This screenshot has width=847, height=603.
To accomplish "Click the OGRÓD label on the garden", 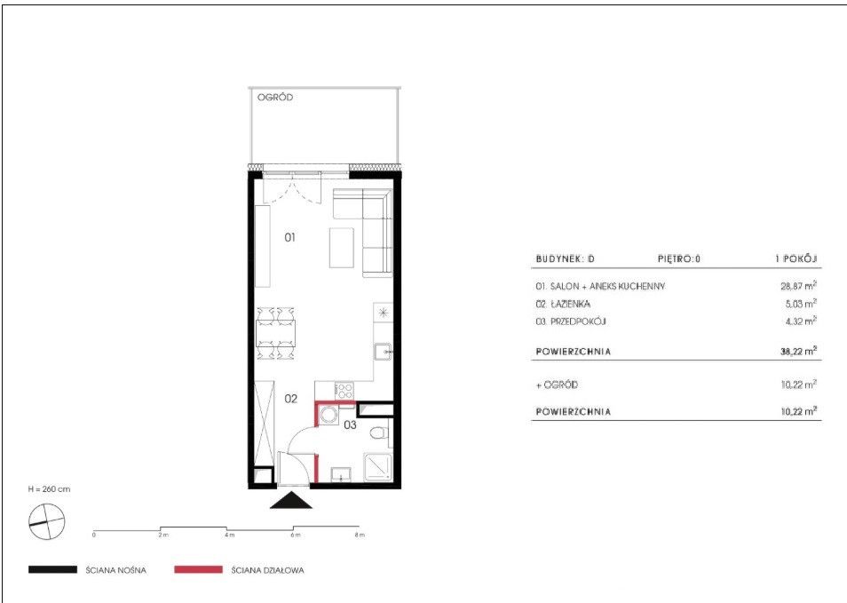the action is (275, 98).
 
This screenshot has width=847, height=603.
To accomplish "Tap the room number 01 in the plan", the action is (290, 236).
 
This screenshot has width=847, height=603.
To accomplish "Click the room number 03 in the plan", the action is (350, 424).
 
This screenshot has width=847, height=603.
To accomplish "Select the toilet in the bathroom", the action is (380, 432).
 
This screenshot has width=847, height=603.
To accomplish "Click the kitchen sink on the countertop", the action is (383, 351).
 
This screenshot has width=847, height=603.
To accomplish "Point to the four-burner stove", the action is (344, 390).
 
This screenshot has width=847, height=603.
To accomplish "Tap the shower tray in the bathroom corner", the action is (377, 466).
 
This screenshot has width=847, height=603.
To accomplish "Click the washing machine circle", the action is (328, 415).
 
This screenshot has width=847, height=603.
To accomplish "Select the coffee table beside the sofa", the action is (342, 248).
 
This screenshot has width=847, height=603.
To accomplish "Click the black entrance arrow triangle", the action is (291, 501).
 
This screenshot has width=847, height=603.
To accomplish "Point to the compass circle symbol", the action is (46, 521).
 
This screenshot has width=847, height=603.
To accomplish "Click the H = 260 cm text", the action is (49, 489).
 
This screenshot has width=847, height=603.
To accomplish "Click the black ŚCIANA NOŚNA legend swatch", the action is (53, 569).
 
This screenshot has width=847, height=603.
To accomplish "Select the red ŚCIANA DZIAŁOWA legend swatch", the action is (198, 569).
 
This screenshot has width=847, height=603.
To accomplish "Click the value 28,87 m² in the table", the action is (798, 286).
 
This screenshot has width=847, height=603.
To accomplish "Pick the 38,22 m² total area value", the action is (798, 351).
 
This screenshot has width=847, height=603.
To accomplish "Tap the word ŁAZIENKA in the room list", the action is (570, 305).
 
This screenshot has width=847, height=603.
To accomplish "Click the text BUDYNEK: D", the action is (565, 258).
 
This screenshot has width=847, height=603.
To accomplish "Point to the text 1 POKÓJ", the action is (796, 258).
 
